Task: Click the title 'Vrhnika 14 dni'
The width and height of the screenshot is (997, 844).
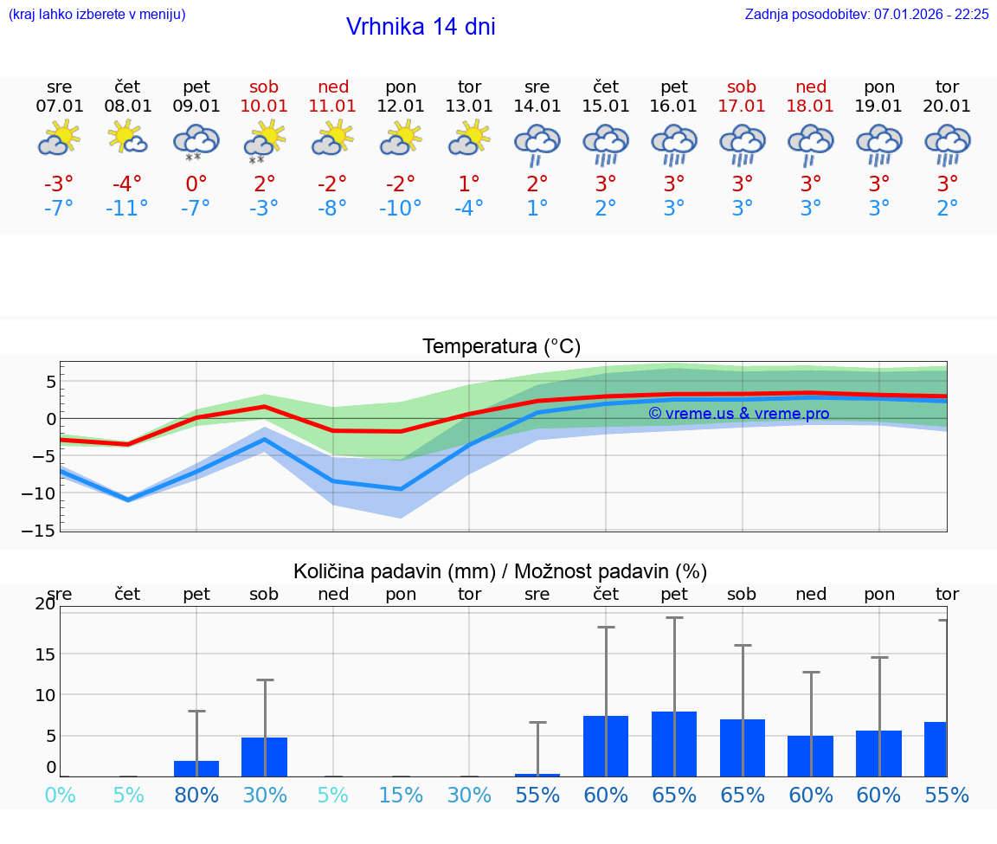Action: (421, 27)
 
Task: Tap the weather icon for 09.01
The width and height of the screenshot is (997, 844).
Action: (196, 141)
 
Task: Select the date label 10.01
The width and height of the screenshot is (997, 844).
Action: (264, 106)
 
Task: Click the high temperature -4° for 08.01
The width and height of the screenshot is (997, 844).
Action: (127, 184)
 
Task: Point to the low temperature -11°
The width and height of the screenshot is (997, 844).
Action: (127, 209)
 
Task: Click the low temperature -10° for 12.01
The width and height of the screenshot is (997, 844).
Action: (401, 209)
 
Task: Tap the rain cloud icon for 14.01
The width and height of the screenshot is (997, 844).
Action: (537, 143)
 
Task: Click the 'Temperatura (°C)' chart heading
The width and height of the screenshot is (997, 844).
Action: (501, 347)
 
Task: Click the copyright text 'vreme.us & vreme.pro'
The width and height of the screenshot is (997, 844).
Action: (738, 414)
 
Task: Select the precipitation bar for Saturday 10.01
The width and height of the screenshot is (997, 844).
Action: (264, 757)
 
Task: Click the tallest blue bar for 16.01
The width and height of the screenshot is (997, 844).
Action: (674, 744)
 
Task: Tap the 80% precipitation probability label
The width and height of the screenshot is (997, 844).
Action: (196, 795)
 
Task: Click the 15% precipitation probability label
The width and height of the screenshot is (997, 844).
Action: (401, 795)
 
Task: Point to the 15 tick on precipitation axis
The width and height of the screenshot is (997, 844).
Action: (45, 654)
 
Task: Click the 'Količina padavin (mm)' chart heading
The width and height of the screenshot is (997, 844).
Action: (394, 571)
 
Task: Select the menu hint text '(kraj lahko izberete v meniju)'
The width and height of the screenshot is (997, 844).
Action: (97, 15)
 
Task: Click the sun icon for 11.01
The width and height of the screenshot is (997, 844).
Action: (332, 139)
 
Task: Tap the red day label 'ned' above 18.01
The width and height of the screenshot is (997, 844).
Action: (811, 87)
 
